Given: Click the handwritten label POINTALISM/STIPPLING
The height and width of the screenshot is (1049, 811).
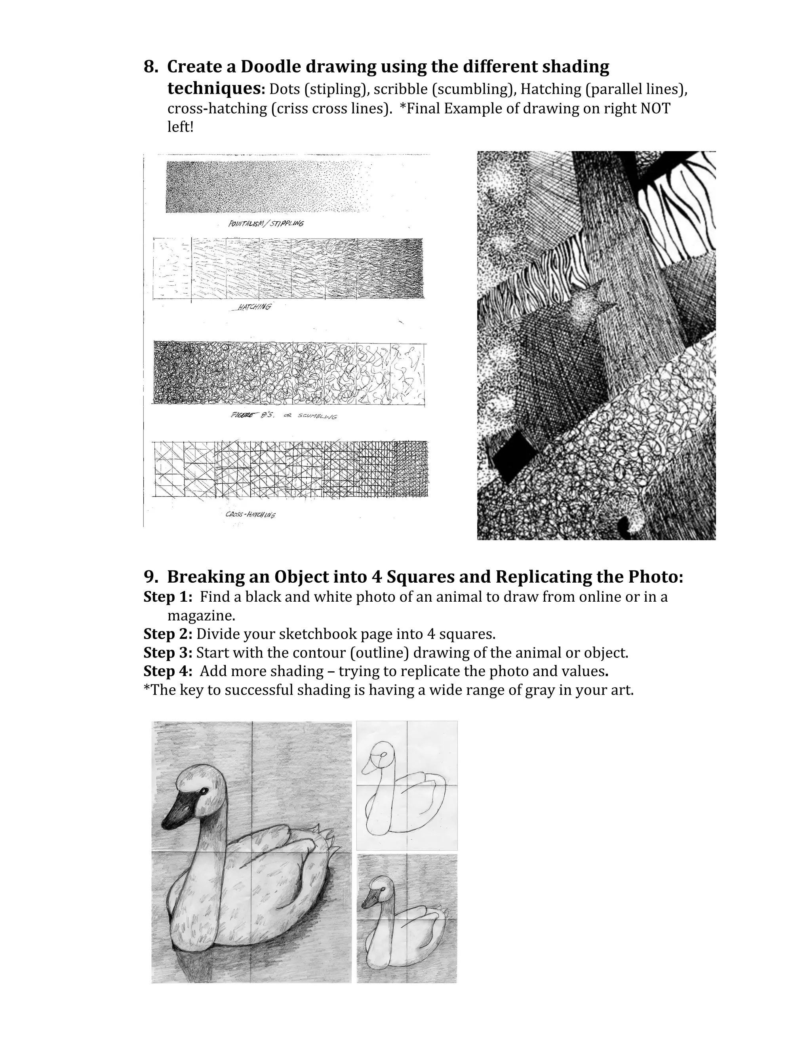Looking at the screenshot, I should (x=266, y=223).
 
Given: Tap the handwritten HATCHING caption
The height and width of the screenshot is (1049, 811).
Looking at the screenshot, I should (x=251, y=307).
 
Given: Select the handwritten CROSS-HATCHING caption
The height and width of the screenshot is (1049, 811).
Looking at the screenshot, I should (x=250, y=515).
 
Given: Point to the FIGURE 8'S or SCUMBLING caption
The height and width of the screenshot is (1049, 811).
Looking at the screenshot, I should (x=284, y=416).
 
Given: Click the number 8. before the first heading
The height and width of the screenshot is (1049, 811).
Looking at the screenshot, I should (x=150, y=67).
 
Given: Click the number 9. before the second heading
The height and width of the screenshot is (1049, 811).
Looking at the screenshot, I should (x=150, y=576).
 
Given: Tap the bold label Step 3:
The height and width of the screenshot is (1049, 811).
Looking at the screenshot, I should (x=168, y=653).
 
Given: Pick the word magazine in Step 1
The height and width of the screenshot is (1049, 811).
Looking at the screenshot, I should (x=201, y=615).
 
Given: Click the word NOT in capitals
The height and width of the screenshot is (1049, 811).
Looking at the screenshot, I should (x=655, y=108).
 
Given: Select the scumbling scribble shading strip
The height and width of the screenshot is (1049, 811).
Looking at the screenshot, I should (x=288, y=373).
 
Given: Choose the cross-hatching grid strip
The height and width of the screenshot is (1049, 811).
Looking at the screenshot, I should (x=290, y=469).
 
